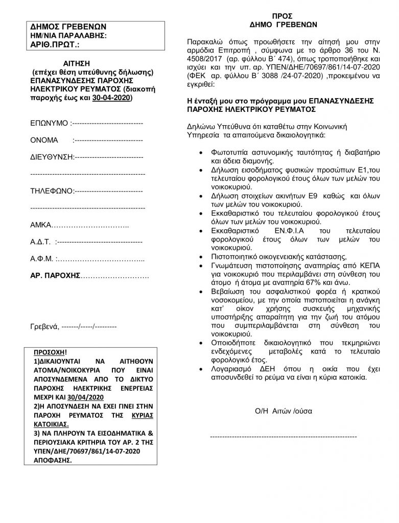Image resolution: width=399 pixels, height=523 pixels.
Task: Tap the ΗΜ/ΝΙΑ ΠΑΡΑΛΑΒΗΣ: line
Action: pos(68,35)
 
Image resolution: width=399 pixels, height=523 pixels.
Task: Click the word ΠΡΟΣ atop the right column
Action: pos(283,15)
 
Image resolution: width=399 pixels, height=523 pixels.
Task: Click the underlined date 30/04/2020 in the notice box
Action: pos(89,397)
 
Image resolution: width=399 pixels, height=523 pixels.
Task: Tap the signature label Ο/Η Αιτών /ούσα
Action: pos(283,411)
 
